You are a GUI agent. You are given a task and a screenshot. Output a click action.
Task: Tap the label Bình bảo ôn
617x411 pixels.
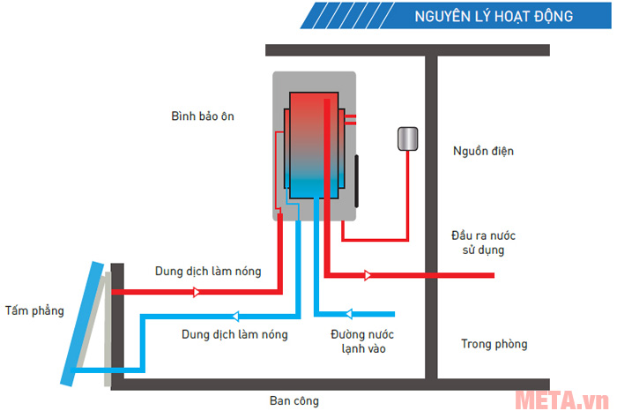point(204,116)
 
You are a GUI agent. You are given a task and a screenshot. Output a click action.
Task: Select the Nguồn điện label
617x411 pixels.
point(482,151)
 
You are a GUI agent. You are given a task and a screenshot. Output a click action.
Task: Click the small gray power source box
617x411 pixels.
point(406,138)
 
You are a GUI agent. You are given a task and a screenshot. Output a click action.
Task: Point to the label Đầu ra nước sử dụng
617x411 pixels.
point(482,243)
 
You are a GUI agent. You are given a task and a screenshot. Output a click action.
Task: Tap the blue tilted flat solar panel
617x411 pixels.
point(81,322)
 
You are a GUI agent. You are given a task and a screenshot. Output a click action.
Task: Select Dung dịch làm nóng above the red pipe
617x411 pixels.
point(208,272)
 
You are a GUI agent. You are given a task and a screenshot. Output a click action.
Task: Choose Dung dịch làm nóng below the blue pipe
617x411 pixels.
point(234,334)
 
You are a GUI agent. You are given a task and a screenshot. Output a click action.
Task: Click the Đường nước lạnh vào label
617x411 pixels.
point(361,341)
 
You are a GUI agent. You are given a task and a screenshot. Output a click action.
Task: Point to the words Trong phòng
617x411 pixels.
point(493,344)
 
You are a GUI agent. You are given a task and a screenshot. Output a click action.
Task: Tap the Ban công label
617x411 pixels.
point(294,400)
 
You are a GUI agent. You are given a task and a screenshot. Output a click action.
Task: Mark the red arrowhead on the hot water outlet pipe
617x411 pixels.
point(368,276)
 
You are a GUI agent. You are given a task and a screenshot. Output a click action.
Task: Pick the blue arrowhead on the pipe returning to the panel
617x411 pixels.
point(235,316)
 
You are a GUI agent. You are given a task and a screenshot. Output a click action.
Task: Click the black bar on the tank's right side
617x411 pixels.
point(358,180)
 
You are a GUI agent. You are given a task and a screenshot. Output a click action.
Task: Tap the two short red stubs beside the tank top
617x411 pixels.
point(351,117)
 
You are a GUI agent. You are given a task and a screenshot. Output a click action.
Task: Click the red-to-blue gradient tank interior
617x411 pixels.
point(313,141)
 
